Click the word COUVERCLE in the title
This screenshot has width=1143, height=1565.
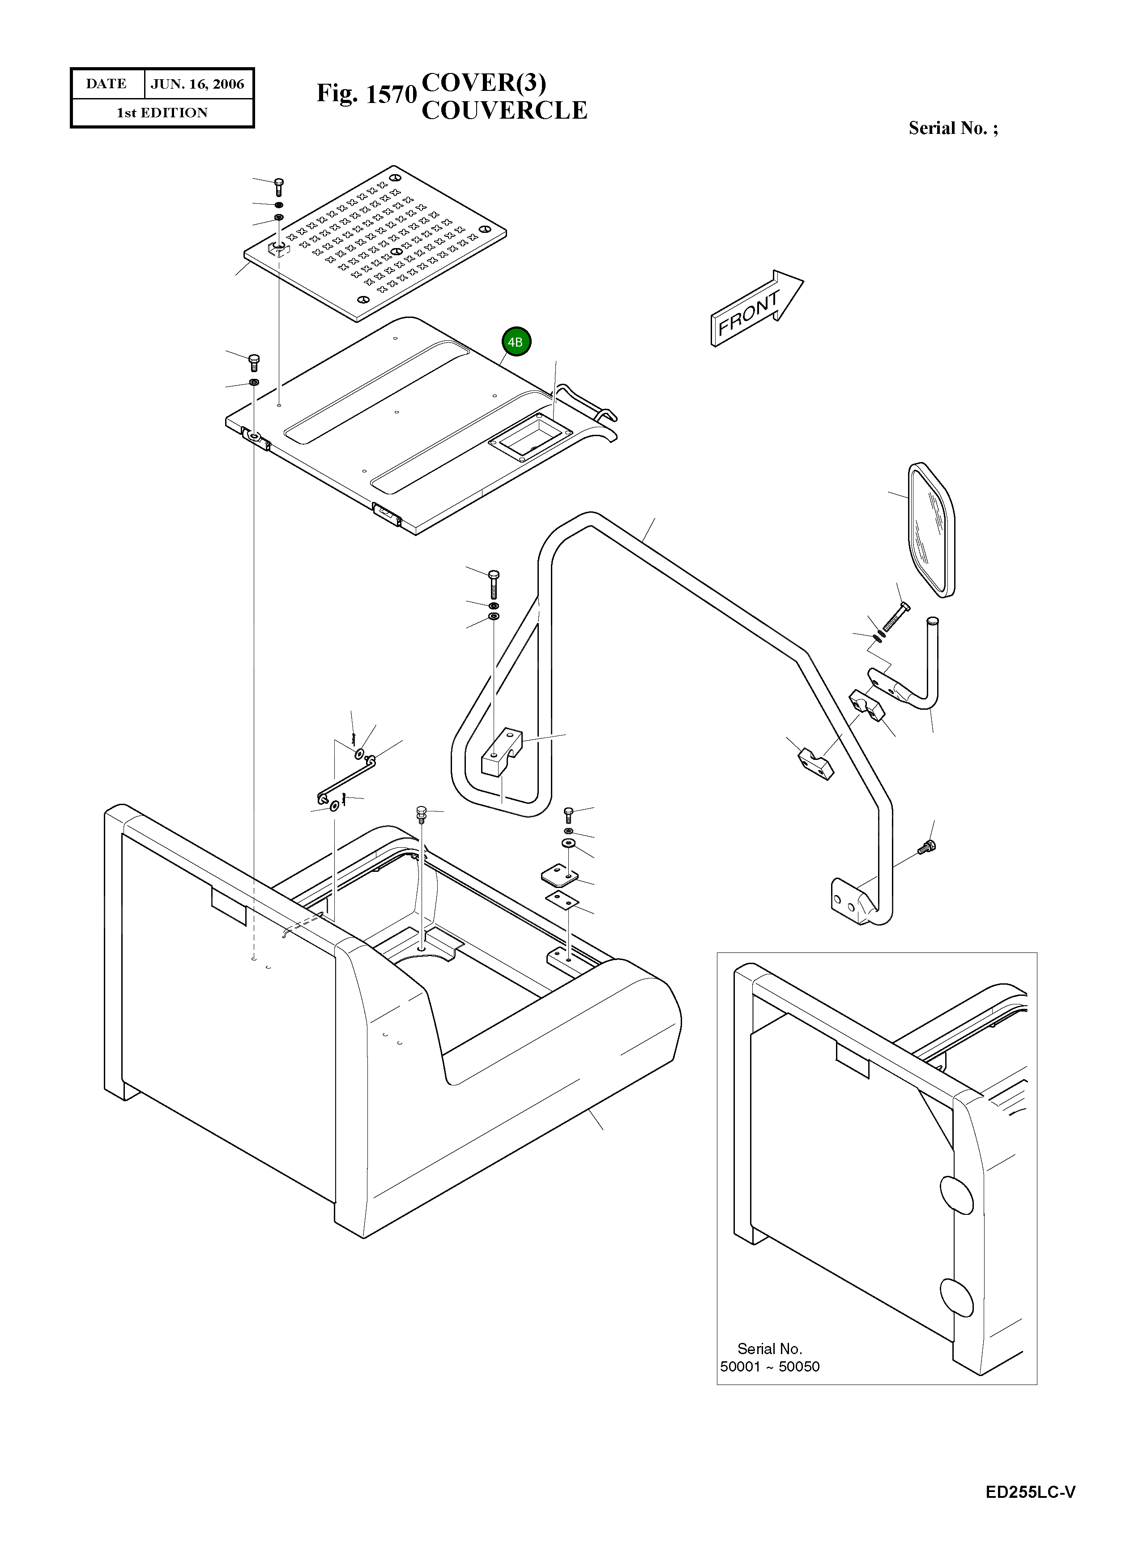[504, 111]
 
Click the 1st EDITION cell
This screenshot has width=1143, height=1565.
[162, 113]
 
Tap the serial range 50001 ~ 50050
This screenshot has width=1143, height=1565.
[769, 1366]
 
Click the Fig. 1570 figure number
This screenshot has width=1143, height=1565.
[367, 94]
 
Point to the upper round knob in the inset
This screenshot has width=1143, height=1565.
[956, 1194]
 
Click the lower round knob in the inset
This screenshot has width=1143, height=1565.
[956, 1297]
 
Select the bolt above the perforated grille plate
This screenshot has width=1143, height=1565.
[279, 185]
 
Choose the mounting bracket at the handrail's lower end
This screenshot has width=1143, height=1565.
[853, 902]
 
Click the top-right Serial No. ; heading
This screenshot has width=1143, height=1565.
[953, 128]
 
